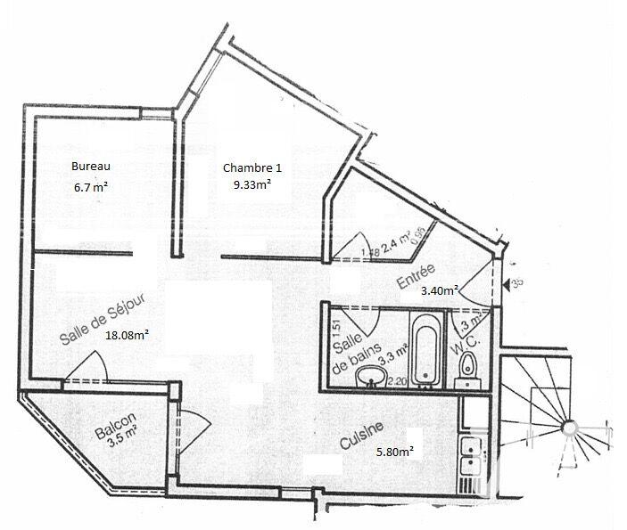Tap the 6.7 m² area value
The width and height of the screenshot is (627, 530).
click(92, 187)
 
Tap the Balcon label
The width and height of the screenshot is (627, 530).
click(115, 425)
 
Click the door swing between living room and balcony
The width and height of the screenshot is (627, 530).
click(89, 365)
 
